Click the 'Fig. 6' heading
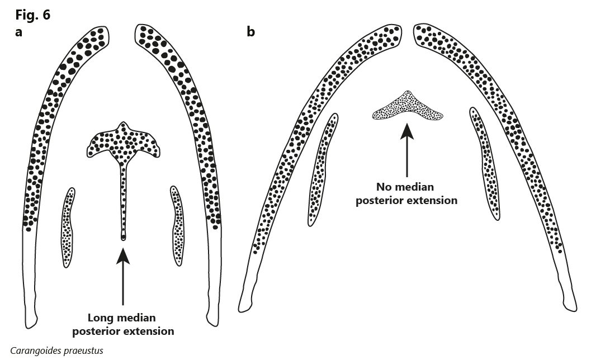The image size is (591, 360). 32,15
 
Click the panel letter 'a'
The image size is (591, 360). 19,32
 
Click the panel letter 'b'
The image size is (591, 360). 250,32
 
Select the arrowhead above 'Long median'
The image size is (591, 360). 123,256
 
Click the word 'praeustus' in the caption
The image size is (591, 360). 83,351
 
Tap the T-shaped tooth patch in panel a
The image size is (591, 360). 123,151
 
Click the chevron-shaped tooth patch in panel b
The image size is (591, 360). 408,107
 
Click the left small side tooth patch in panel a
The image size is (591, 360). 68,228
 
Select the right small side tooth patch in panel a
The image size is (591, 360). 177,226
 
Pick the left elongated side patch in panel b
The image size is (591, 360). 323,169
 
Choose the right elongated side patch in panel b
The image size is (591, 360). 485,163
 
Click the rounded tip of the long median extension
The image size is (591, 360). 123,238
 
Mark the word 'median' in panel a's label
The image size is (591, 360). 138,318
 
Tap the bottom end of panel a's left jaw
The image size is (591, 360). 31,324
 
